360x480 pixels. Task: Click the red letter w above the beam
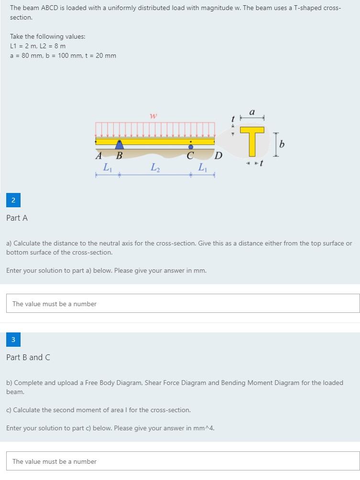(153, 116)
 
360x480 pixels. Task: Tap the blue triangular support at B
(119, 144)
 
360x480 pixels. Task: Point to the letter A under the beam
(99, 155)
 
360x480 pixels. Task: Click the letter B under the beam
(119, 156)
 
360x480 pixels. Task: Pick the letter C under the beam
(190, 156)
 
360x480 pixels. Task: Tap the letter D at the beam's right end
(218, 155)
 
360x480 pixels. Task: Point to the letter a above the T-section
(252, 113)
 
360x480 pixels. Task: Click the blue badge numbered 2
(13, 201)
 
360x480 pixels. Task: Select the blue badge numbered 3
(13, 340)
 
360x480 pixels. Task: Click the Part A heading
(17, 218)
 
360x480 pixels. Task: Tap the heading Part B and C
(28, 357)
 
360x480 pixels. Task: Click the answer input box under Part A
(183, 304)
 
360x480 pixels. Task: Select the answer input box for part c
(183, 461)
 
